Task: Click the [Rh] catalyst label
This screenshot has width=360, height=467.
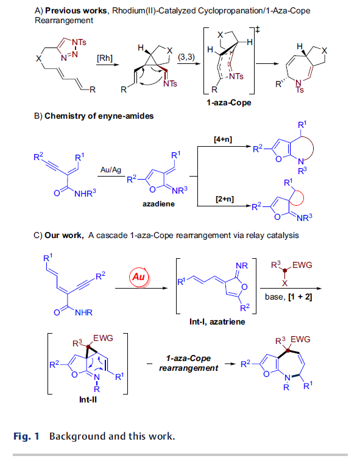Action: (105, 58)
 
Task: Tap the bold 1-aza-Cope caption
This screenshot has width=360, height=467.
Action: (229, 103)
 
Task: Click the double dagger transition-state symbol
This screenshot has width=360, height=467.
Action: (258, 29)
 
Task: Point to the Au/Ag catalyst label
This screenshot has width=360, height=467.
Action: (111, 170)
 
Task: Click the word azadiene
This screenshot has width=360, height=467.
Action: (158, 204)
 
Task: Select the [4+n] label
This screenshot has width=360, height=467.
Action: (223, 139)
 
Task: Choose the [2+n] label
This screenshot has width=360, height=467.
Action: (225, 199)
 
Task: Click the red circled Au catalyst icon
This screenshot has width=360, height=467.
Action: (139, 277)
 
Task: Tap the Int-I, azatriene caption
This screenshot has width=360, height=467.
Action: (217, 321)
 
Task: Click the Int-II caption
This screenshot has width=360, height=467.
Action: (88, 399)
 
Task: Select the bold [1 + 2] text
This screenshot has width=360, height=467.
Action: (300, 297)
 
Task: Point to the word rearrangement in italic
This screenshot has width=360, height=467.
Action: (188, 368)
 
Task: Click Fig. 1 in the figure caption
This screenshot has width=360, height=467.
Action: (26, 437)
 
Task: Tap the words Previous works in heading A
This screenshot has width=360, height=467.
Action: (76, 11)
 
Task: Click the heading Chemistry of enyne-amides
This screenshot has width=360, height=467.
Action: (99, 116)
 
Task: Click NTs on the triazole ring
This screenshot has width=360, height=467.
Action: (79, 42)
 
